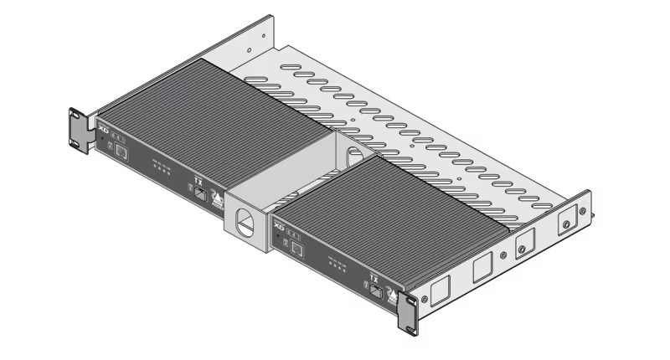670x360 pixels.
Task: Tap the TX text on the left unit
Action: (x=198, y=179)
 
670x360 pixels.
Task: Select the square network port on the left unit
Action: (x=121, y=152)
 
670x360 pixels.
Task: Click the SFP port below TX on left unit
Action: (x=201, y=193)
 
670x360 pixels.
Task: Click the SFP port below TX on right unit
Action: (x=377, y=291)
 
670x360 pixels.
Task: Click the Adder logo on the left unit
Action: (x=217, y=201)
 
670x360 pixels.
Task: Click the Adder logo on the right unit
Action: (x=393, y=296)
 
